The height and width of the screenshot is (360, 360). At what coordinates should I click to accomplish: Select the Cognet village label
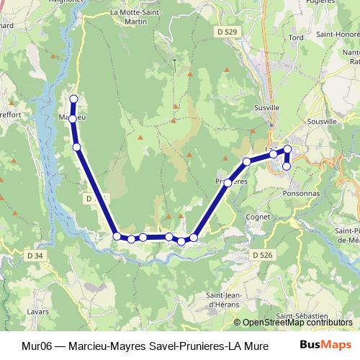[257, 215]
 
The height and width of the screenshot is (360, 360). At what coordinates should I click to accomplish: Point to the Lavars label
[37, 312]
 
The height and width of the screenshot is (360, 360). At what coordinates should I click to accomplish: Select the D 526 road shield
[263, 254]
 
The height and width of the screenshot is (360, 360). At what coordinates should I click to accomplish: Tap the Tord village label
[295, 37]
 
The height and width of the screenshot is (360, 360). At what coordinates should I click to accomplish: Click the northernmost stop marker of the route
[73, 99]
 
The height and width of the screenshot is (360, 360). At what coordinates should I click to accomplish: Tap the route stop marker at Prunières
[228, 183]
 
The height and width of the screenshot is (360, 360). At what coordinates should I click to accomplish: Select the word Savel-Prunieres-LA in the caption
[189, 345]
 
